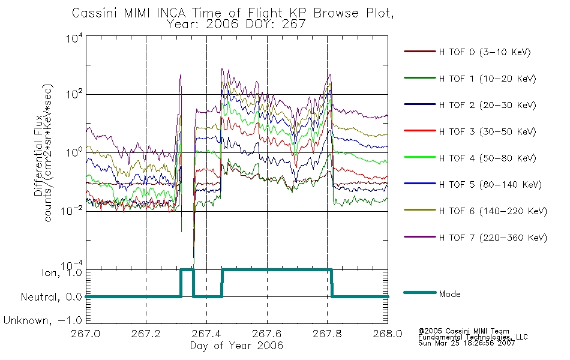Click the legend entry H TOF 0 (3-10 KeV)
coord(467,52)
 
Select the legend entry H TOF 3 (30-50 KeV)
coord(470,131)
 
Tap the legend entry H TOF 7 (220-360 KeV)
coord(475,238)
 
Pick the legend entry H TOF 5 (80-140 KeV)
coord(473,184)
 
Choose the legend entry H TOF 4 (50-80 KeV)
coord(470,158)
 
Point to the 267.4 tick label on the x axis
coord(206,334)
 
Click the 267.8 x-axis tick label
coord(327,334)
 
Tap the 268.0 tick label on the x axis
coord(388,334)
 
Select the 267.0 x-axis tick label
coord(86,334)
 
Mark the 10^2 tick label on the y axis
coord(74,94)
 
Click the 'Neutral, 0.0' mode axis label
coord(51,297)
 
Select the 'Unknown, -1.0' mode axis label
coord(43,320)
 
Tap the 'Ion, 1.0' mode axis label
coord(62,272)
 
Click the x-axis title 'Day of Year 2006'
coord(236,346)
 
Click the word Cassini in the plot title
coord(95,13)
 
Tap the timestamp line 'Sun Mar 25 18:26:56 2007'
coord(466,343)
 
